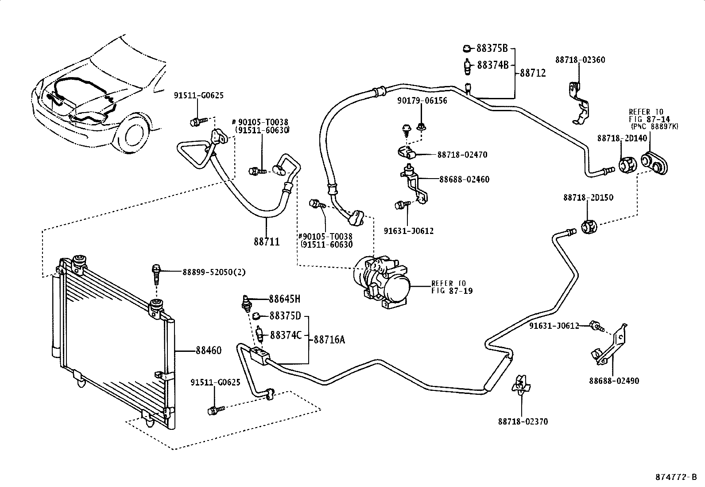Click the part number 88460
coord(208,350)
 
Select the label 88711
coord(267,242)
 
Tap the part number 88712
coord(533,73)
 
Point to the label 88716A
coord(329,339)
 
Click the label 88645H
coord(284,299)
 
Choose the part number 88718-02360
coord(580,60)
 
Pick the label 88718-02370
coord(523,421)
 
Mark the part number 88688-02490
coord(614,381)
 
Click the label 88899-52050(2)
coord(214,272)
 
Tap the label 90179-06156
coord(422,101)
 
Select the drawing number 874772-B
coord(676,477)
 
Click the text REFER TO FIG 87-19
coord(452,287)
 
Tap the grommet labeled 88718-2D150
coord(589,227)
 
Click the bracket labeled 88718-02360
coord(580,103)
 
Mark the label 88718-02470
coord(462,155)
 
